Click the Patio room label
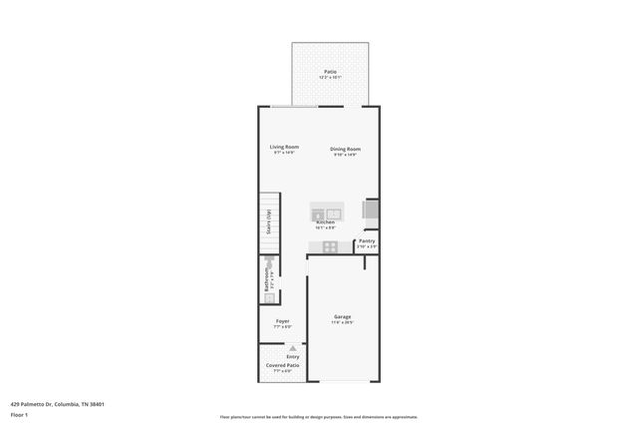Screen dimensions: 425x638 (330, 71)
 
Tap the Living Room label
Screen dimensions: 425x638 (284, 147)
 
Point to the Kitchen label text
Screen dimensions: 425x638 (325, 222)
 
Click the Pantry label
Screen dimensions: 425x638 (367, 240)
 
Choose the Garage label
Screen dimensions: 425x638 (342, 317)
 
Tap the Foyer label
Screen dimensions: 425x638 (283, 321)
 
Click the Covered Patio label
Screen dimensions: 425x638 (283, 365)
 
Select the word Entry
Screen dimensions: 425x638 (293, 356)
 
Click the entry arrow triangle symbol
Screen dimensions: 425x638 (293, 348)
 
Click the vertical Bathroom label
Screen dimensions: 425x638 (266, 278)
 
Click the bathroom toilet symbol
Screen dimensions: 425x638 (269, 296)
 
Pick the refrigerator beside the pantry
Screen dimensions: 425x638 (370, 212)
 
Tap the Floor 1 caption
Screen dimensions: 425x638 (20, 414)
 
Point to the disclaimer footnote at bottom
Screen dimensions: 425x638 (318, 417)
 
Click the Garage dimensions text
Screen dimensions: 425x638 (342, 322)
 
